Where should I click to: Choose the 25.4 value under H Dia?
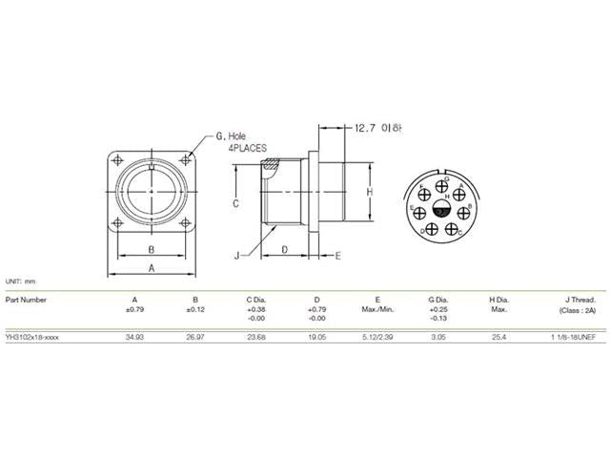(498, 338)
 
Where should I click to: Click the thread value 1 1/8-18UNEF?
(572, 338)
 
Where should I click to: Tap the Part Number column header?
(26, 299)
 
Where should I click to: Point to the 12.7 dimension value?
(368, 127)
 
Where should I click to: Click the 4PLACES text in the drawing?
(247, 150)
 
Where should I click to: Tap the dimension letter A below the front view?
(152, 270)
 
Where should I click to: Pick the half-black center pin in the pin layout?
(440, 209)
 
